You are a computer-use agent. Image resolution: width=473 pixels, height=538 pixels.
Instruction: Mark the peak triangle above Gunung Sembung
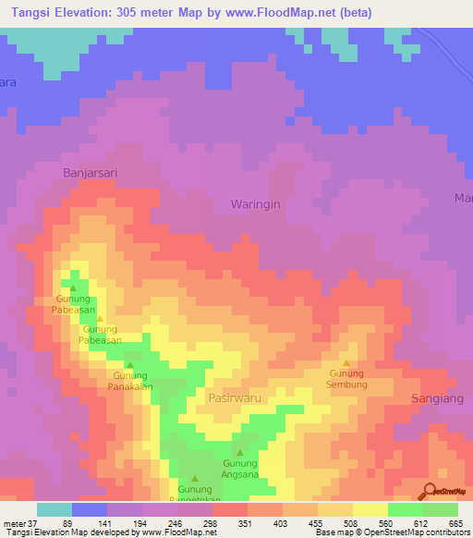[x=347, y=363]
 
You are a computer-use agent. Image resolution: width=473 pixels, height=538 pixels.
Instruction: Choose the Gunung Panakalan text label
[x=130, y=381]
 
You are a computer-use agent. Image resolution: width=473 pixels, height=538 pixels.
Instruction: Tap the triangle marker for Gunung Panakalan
[x=130, y=364]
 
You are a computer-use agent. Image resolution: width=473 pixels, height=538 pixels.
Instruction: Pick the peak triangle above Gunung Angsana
[x=240, y=452]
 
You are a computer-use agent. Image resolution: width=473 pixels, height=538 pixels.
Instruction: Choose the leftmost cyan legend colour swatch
[x=54, y=508]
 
